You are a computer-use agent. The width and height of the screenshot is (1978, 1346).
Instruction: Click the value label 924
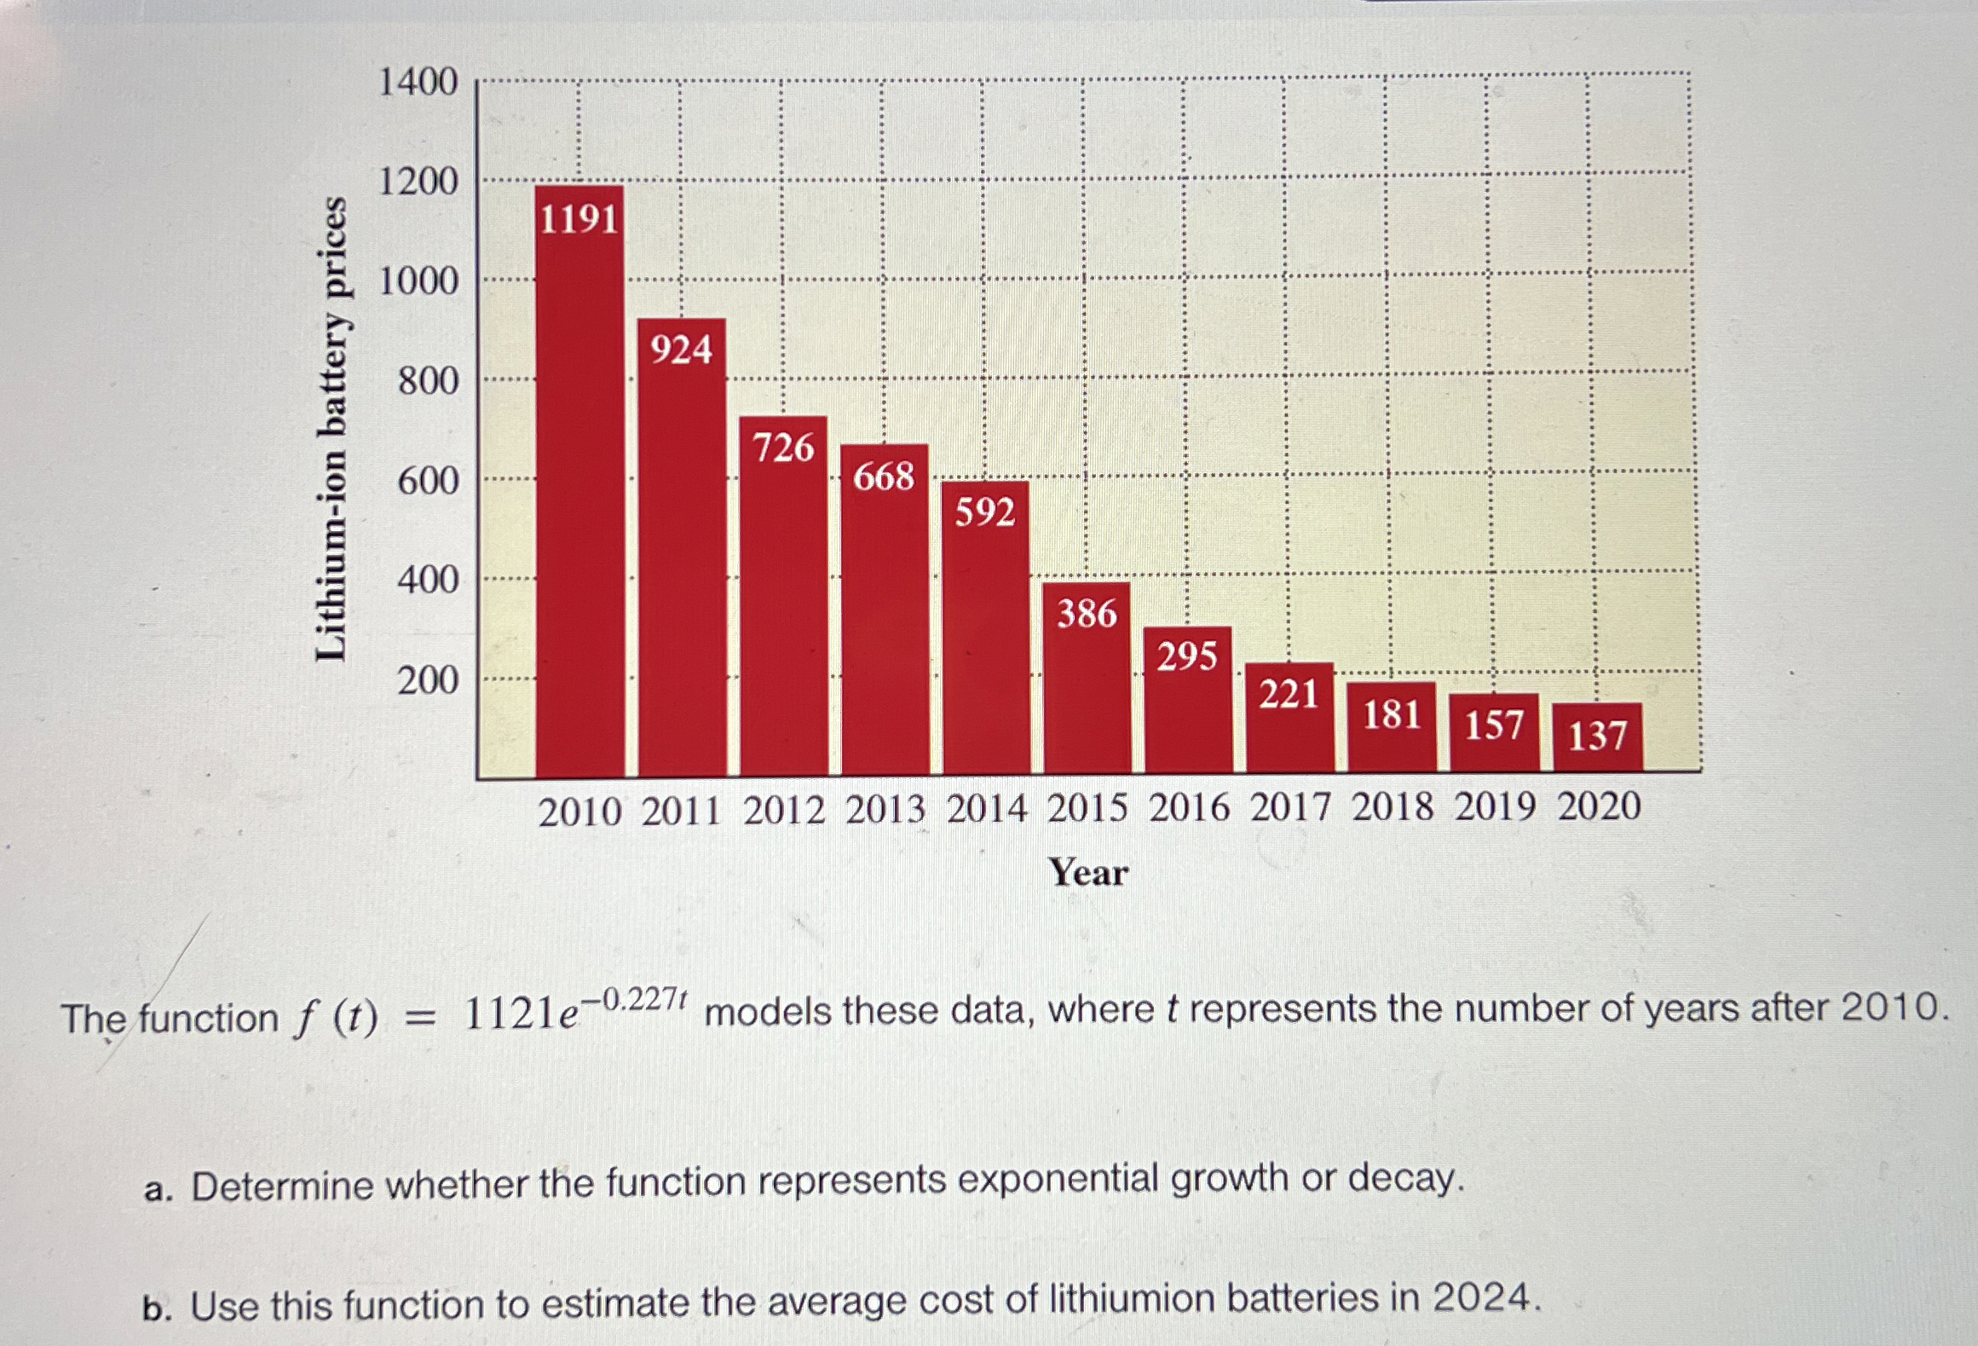(x=681, y=350)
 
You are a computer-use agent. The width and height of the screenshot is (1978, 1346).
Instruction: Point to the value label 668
(x=884, y=477)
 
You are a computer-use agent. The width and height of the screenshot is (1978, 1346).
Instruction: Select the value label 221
(x=1289, y=695)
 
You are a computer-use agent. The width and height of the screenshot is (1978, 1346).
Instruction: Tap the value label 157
(x=1493, y=725)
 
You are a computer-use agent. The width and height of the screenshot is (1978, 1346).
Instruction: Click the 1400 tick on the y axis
(x=418, y=83)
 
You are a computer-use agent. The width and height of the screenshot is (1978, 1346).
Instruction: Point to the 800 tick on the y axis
(x=428, y=381)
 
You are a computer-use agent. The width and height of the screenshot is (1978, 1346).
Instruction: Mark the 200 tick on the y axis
(x=428, y=680)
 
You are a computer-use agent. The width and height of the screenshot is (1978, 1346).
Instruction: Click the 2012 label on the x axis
(x=784, y=810)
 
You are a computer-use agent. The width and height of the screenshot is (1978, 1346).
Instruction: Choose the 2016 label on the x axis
(x=1189, y=808)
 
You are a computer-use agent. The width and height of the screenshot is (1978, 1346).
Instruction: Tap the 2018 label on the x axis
(x=1393, y=807)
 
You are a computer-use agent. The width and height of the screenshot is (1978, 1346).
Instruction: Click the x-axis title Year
(x=1088, y=872)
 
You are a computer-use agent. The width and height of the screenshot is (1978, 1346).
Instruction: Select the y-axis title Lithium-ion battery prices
(x=332, y=429)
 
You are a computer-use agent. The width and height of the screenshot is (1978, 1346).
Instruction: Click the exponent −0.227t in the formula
(x=638, y=998)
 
